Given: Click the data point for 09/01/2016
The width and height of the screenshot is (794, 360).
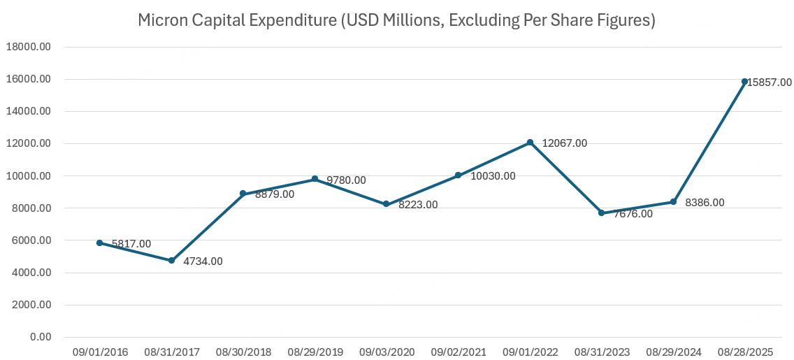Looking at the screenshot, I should click(100, 243).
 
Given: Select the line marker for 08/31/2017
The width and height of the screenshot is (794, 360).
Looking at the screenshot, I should click(171, 260).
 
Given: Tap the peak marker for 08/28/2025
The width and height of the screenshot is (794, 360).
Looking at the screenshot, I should click(744, 82).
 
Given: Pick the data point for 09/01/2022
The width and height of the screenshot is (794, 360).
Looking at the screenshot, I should click(530, 143).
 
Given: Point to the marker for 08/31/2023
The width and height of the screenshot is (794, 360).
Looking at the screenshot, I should click(601, 213).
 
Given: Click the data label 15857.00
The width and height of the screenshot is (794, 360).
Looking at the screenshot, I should click(770, 82).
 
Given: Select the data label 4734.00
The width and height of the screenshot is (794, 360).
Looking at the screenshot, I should click(203, 261).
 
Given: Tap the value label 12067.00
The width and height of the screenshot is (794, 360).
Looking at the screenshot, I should click(564, 143).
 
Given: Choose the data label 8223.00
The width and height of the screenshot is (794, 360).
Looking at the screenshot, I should click(417, 205).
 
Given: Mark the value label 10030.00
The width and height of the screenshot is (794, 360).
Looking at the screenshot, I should click(493, 176).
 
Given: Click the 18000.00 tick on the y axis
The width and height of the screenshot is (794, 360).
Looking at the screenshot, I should click(28, 47).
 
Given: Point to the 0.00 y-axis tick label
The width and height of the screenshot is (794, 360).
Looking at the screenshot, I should click(39, 337).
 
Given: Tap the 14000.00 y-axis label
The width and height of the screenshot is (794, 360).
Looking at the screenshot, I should click(28, 111).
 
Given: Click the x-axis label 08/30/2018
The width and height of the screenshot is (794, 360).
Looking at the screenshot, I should click(243, 352).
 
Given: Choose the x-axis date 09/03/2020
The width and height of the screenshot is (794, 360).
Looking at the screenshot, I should click(386, 352).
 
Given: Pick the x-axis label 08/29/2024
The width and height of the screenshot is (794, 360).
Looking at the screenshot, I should click(672, 352).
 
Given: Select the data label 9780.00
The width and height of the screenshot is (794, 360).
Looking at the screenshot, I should click(346, 180).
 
